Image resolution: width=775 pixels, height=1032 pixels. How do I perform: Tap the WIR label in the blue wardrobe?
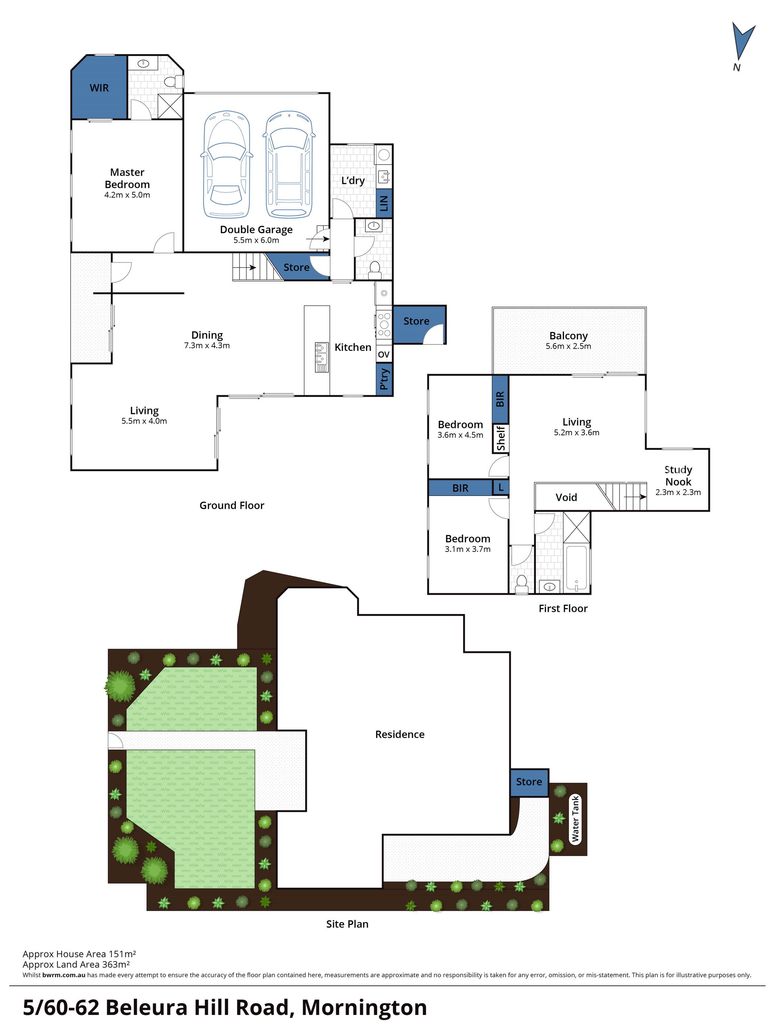(99, 88)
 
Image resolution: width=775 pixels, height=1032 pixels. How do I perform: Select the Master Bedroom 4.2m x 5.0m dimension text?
(127, 195)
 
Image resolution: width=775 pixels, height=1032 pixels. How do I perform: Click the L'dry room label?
(353, 180)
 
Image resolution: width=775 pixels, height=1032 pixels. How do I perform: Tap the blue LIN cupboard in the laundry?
(384, 203)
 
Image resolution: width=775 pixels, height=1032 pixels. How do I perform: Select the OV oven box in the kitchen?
(383, 355)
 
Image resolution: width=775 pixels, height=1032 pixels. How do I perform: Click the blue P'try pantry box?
(384, 379)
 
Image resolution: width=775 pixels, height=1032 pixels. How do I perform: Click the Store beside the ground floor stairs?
(296, 268)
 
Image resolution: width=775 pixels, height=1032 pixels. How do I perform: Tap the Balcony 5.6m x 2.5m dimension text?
(568, 346)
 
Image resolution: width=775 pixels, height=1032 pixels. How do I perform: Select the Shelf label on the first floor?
(501, 438)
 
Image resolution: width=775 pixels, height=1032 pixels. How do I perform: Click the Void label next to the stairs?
(566, 497)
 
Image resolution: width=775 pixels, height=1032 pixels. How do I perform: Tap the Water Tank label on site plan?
(575, 819)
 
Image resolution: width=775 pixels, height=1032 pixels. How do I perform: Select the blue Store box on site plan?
(528, 781)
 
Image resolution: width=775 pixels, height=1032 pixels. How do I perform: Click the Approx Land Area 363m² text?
(76, 964)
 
